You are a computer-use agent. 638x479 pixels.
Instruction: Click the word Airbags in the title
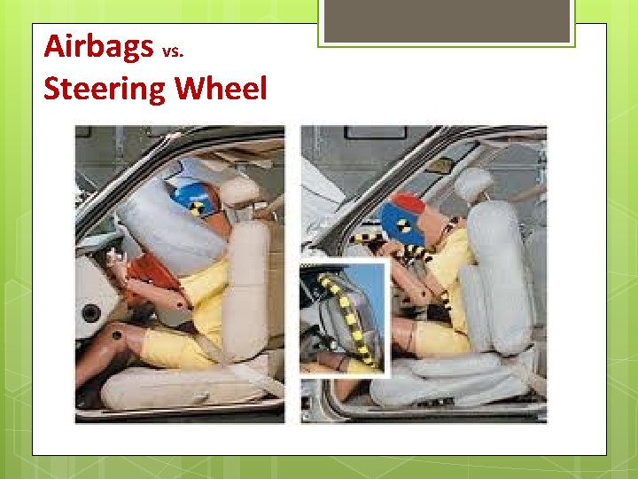point(98,46)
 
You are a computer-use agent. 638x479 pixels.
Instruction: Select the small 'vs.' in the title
point(173,51)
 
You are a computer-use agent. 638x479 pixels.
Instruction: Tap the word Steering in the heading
point(105,89)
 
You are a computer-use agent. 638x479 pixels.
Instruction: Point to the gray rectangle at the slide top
point(447,20)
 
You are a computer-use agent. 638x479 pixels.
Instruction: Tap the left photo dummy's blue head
point(197,199)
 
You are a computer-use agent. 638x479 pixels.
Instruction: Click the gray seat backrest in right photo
point(500,275)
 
